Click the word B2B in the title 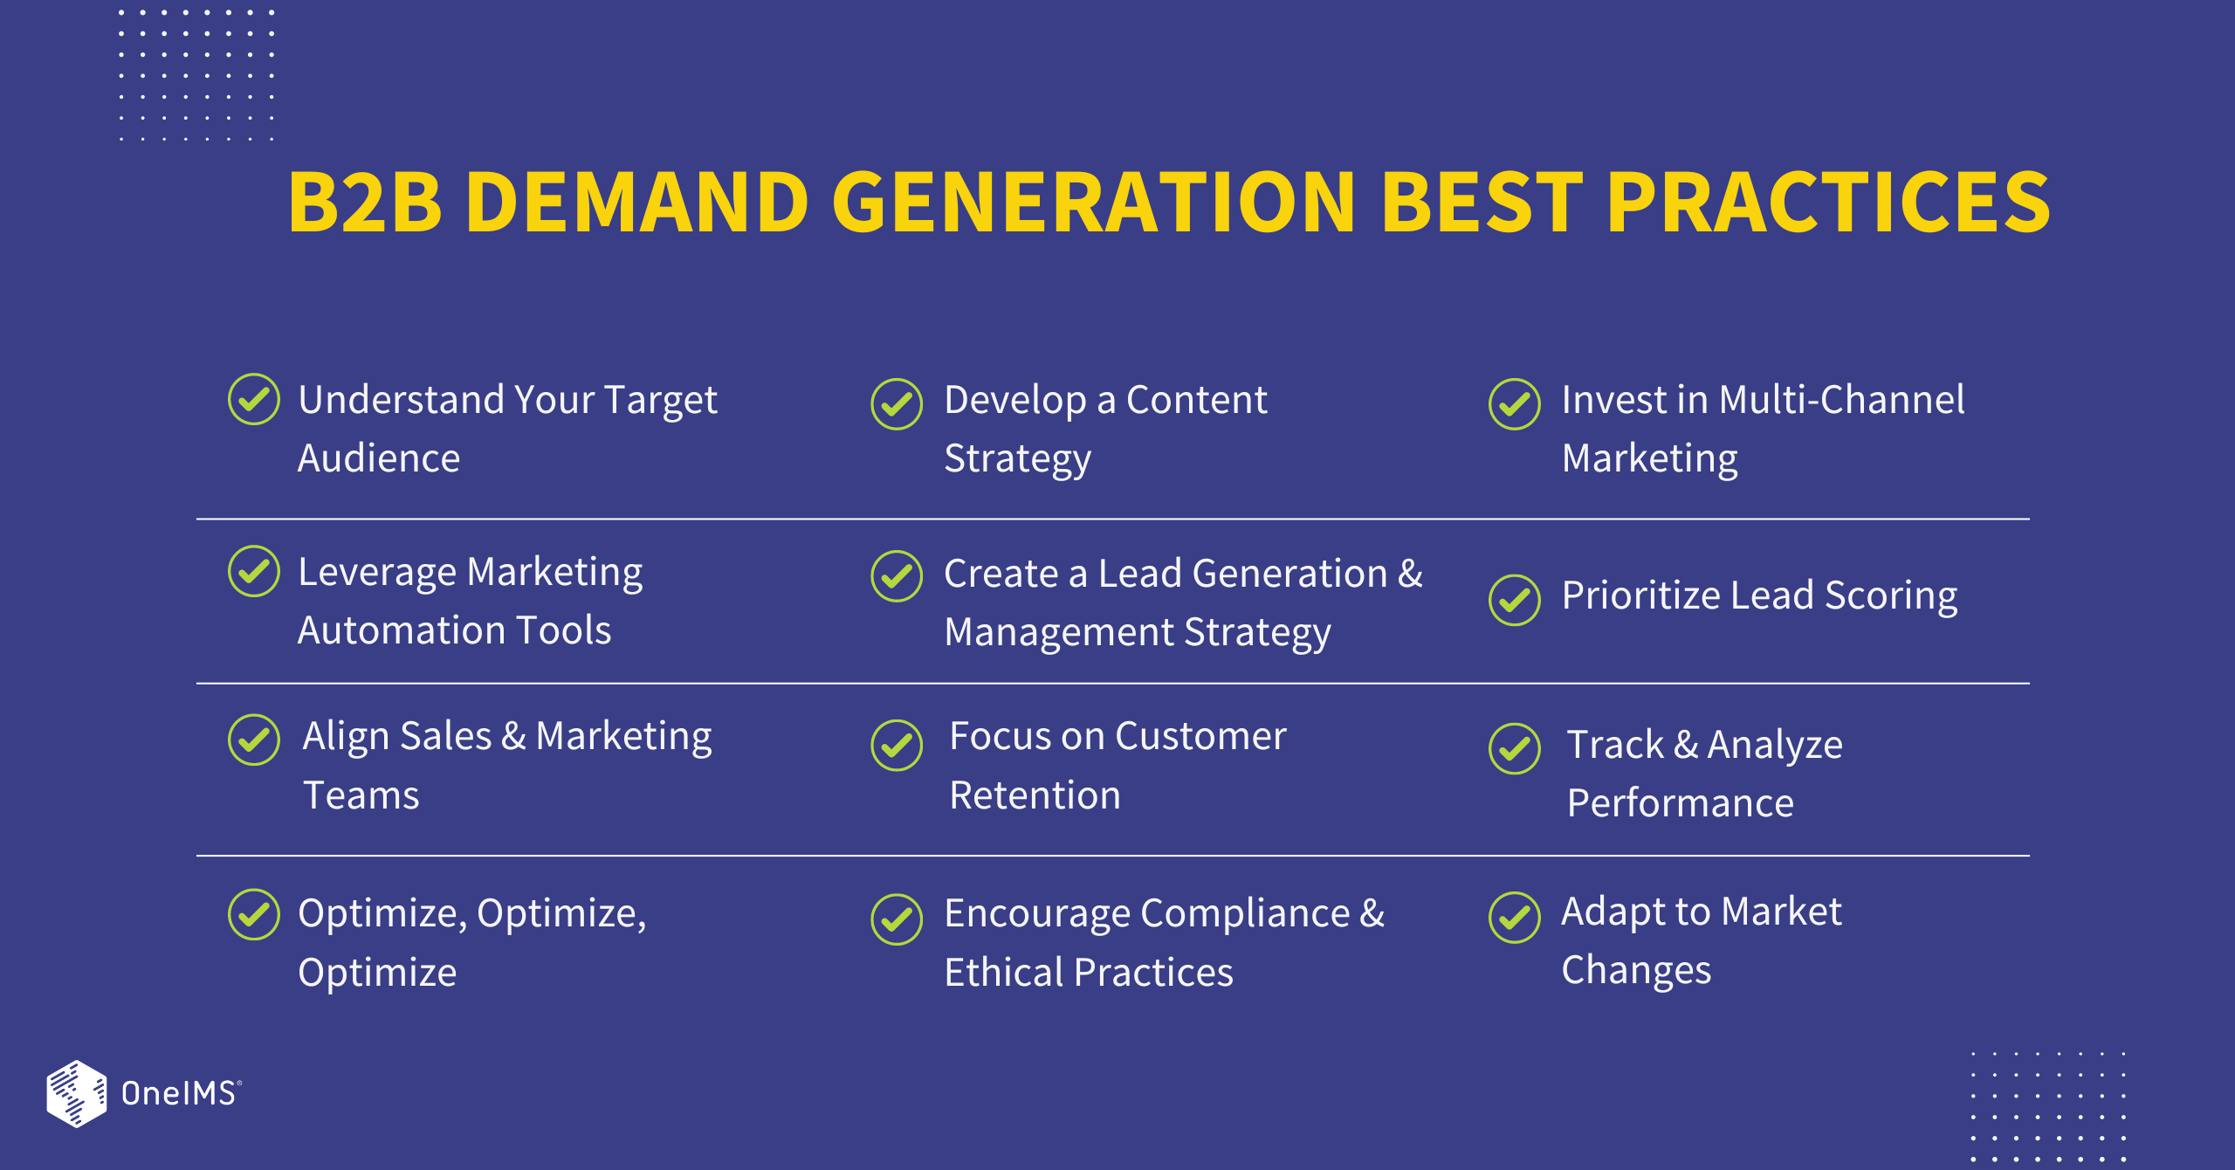click(x=365, y=203)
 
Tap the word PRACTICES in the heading click(x=1827, y=203)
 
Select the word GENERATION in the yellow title click(x=1094, y=203)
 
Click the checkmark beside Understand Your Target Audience click(x=253, y=400)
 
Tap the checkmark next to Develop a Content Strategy click(x=897, y=404)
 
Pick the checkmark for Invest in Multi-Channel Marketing click(x=1515, y=404)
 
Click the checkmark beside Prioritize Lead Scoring click(x=1515, y=600)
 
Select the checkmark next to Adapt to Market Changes click(x=1515, y=918)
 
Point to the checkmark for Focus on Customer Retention click(x=897, y=746)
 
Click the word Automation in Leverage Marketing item click(x=401, y=630)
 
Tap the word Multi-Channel click(x=1841, y=400)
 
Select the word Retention click(x=1035, y=795)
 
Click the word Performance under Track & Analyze click(x=1680, y=803)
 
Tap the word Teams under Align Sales click(x=361, y=795)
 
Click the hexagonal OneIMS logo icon click(x=77, y=1093)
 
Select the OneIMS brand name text click(x=179, y=1093)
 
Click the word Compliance click(x=1245, y=914)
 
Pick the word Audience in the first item click(x=378, y=458)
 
